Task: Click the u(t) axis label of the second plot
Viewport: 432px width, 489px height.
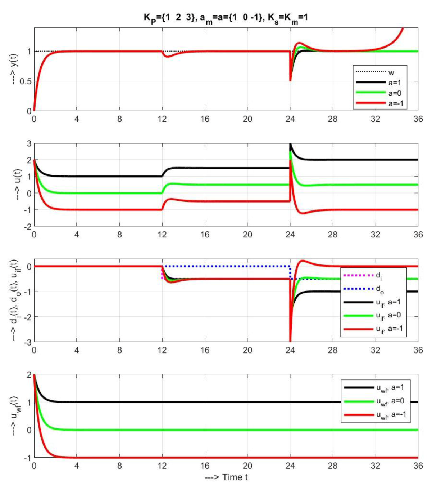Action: pos(14,185)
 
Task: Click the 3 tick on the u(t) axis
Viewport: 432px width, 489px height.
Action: pos(29,144)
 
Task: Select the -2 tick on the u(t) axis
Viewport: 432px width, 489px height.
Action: pos(27,226)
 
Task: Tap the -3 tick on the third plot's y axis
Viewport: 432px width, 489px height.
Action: pos(27,342)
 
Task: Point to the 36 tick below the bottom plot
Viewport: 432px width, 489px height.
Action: pos(418,466)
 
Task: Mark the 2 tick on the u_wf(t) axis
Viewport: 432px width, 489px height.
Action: pos(29,375)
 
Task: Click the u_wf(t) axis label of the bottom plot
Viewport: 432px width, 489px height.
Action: pos(14,416)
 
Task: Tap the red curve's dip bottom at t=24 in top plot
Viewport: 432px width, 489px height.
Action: pos(290,80)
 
